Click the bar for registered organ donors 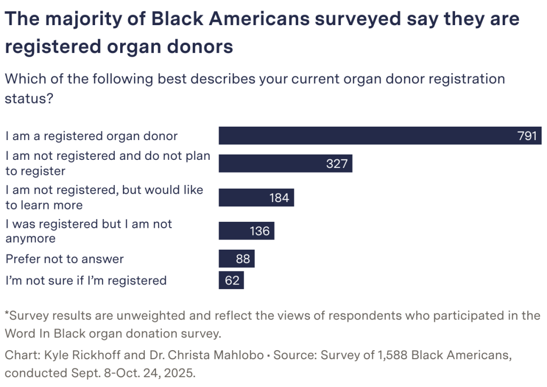(x=374, y=136)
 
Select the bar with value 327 (x=285, y=164)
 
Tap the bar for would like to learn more (x=256, y=198)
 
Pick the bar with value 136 (x=246, y=231)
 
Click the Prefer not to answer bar (x=237, y=259)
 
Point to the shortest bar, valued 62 (x=231, y=280)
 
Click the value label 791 (x=527, y=136)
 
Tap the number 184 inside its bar (x=279, y=198)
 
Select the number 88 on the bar (x=243, y=259)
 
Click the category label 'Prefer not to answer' (x=65, y=259)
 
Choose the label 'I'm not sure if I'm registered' (x=86, y=280)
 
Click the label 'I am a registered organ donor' (x=91, y=136)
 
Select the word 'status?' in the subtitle (x=28, y=99)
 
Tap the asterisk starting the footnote (x=7, y=314)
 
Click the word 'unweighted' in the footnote (x=146, y=315)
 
